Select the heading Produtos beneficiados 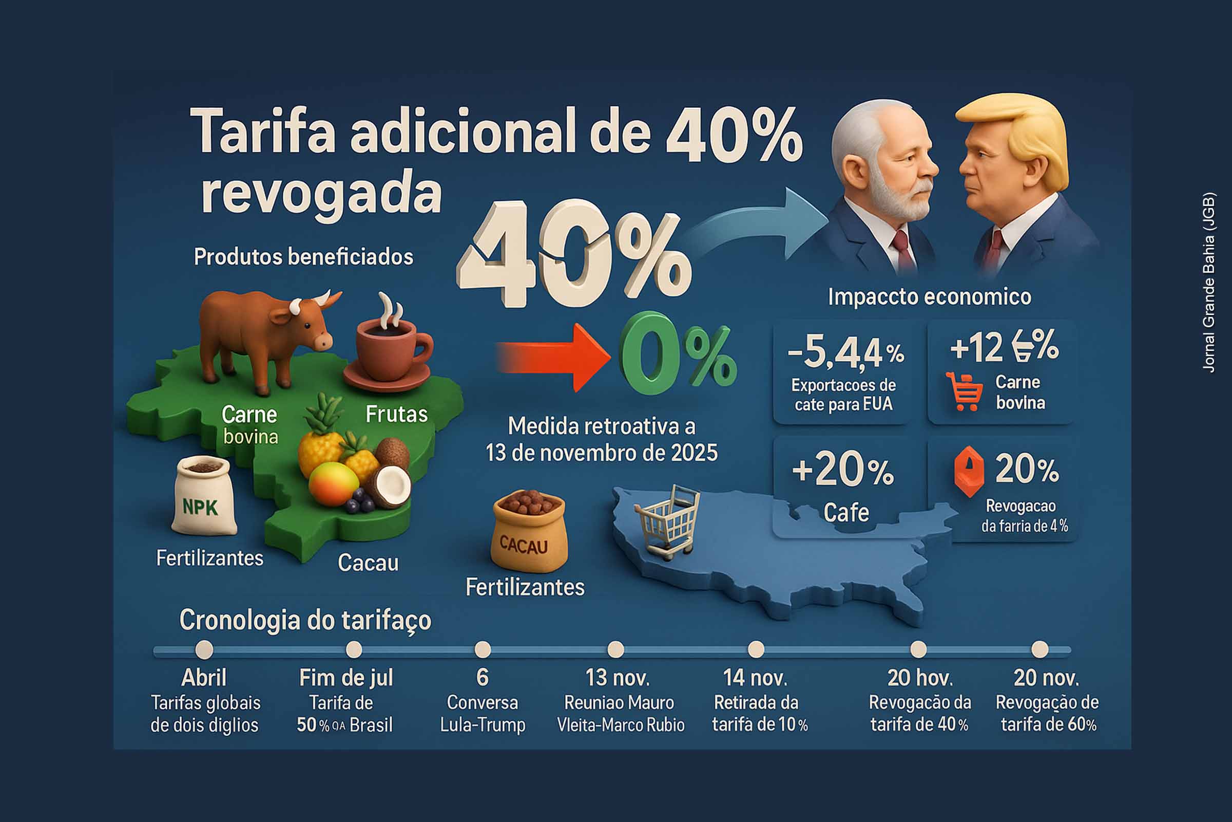(303, 257)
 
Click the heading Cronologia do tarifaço (305, 620)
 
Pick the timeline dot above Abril (204, 650)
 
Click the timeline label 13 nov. (618, 678)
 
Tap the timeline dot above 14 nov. (756, 650)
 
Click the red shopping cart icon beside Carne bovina (964, 391)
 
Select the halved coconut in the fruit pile (390, 485)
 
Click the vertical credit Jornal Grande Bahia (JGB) (1209, 283)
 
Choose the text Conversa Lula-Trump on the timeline (483, 714)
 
